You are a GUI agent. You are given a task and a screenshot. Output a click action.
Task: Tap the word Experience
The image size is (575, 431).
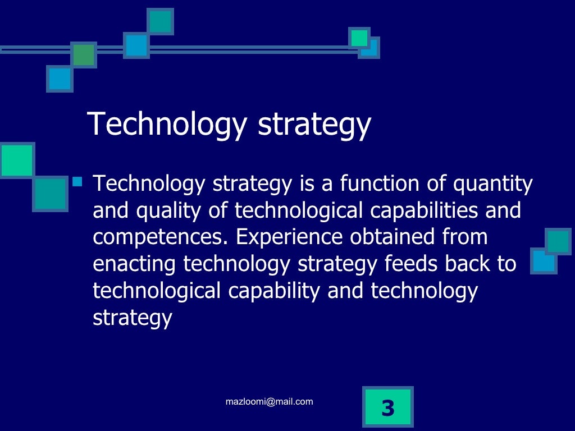(x=289, y=237)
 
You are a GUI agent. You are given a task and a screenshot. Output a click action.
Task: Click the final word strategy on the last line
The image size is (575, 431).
(x=132, y=318)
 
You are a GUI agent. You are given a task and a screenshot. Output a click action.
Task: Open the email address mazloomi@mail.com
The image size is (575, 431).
(x=269, y=401)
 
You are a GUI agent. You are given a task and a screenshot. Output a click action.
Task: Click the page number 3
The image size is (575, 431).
(x=387, y=408)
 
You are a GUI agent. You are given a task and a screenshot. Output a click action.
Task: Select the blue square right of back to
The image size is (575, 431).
(x=543, y=262)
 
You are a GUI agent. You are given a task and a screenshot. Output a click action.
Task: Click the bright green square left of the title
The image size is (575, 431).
(x=17, y=160)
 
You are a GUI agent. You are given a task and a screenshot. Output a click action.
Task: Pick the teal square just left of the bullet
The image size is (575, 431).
(x=50, y=194)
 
